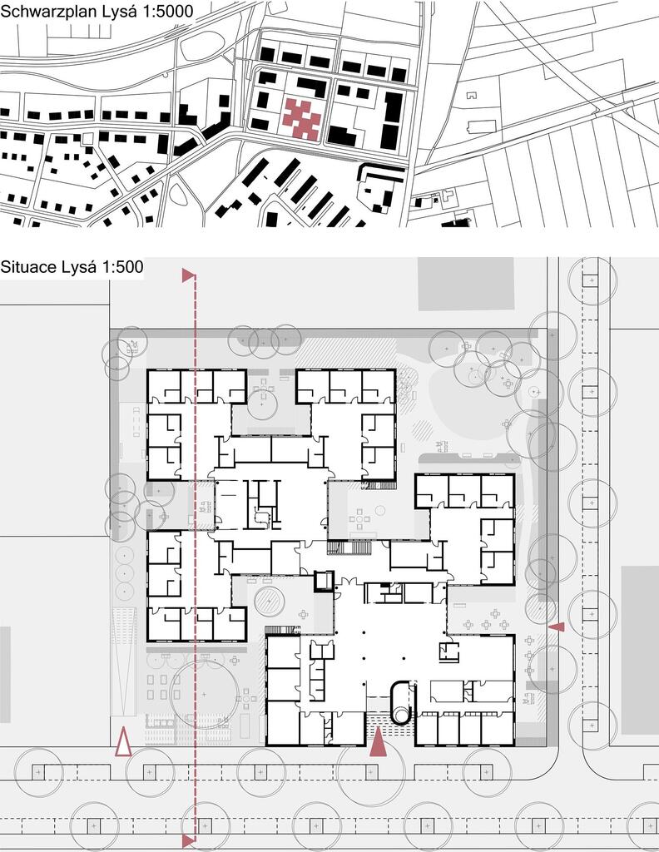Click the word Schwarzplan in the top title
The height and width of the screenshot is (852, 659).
pyautogui.click(x=48, y=11)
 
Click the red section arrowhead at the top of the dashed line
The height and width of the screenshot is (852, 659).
pyautogui.click(x=189, y=275)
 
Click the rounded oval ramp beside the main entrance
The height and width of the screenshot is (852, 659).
pyautogui.click(x=403, y=701)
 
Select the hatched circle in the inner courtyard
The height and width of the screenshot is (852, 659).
pyautogui.click(x=270, y=601)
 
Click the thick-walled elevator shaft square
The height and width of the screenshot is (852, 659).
pyautogui.click(x=325, y=581)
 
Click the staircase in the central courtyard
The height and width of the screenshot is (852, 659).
pyautogui.click(x=349, y=547)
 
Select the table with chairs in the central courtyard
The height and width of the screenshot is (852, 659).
pyautogui.click(x=359, y=519)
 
